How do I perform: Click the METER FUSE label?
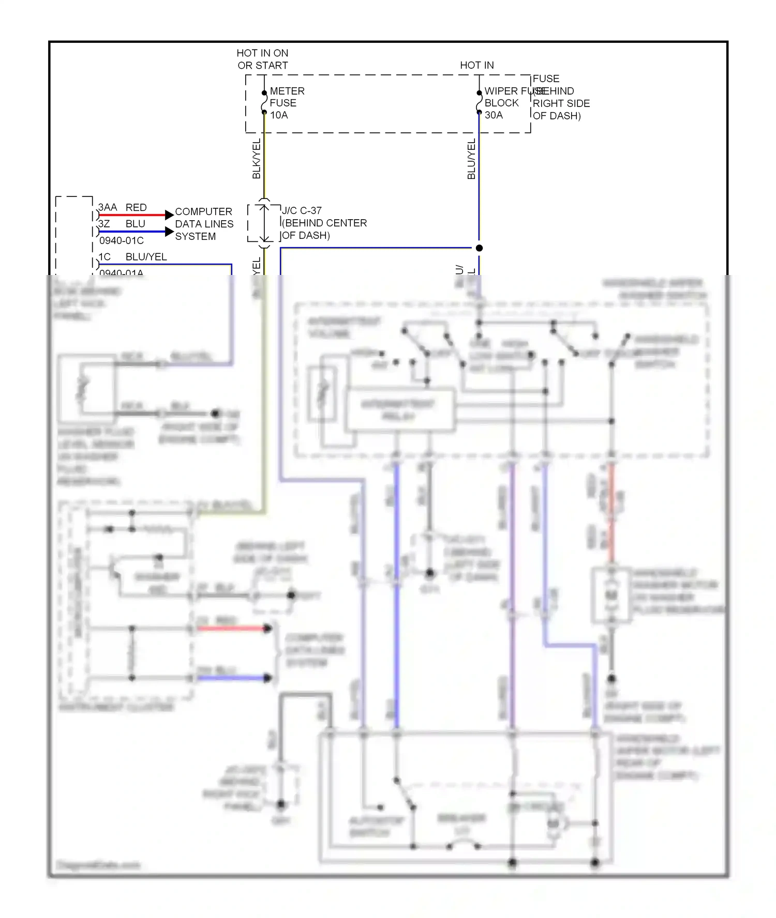pyautogui.click(x=287, y=97)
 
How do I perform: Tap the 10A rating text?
pyautogui.click(x=279, y=115)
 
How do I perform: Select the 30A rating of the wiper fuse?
pyautogui.click(x=494, y=115)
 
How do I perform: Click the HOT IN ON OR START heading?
pyautogui.click(x=262, y=59)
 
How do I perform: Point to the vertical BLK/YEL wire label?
pyautogui.click(x=257, y=159)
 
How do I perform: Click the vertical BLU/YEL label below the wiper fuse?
pyautogui.click(x=471, y=159)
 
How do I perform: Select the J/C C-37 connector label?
pyautogui.click(x=302, y=210)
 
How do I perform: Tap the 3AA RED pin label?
pyautogui.click(x=122, y=207)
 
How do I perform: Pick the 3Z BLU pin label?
pyautogui.click(x=122, y=224)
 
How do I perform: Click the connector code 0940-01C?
pyautogui.click(x=122, y=240)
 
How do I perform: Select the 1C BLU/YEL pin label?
pyautogui.click(x=132, y=257)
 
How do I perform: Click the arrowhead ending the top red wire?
pyautogui.click(x=169, y=215)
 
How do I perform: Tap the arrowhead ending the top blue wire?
pyautogui.click(x=169, y=232)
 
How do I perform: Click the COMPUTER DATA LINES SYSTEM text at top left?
pyautogui.click(x=204, y=224)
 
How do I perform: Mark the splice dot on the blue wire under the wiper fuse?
pyautogui.click(x=479, y=248)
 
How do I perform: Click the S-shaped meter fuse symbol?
pyautogui.click(x=264, y=102)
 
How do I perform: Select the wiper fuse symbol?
pyautogui.click(x=479, y=102)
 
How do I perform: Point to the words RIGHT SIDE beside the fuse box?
pyautogui.click(x=561, y=103)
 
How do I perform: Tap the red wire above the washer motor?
pyautogui.click(x=611, y=512)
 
